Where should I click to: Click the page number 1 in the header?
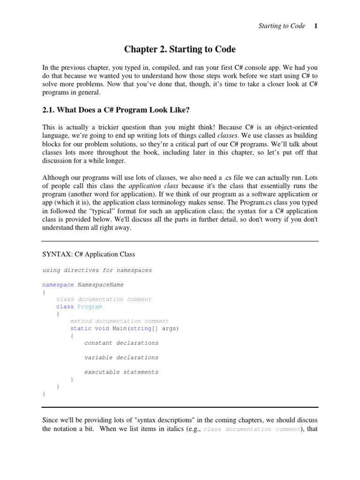[316, 26]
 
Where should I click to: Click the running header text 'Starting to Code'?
[282, 26]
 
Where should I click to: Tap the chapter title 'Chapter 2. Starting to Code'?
[180, 49]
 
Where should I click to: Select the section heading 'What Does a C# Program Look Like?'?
[126, 110]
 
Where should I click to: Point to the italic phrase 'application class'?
[153, 186]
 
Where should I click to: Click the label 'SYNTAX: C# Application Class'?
[89, 255]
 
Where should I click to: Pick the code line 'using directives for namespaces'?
[97, 270]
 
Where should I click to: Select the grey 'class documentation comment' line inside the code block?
[104, 299]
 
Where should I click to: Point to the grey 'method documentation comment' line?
[120, 321]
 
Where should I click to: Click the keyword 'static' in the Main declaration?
[81, 328]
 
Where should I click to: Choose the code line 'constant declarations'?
[121, 343]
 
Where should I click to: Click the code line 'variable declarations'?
[121, 357]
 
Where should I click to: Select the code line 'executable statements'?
[121, 372]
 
